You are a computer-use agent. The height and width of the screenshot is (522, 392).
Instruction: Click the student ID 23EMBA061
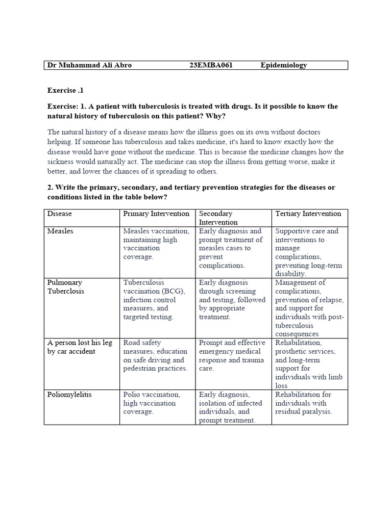coord(211,65)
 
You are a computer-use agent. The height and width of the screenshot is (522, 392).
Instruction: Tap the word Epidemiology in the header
coord(283,65)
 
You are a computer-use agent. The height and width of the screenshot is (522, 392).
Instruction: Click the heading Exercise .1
coord(65,90)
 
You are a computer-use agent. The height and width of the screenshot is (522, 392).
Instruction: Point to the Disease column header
coord(60,214)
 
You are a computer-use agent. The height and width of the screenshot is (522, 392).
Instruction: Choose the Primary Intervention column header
coord(156,214)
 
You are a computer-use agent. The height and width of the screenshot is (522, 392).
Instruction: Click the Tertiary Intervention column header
coord(308,214)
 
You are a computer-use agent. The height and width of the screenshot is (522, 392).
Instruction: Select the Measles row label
coord(60,231)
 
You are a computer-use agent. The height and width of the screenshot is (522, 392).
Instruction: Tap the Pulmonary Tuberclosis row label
coord(66,287)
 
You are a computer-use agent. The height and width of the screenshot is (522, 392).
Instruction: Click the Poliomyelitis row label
coord(69,395)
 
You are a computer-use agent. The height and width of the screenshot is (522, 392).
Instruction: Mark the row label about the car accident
coord(79,347)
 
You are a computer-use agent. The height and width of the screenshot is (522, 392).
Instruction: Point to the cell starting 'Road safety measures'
coord(155,355)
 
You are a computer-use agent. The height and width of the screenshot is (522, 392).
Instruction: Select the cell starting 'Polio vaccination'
coord(152,403)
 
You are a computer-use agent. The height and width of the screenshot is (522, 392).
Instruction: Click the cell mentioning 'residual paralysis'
coord(304,403)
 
